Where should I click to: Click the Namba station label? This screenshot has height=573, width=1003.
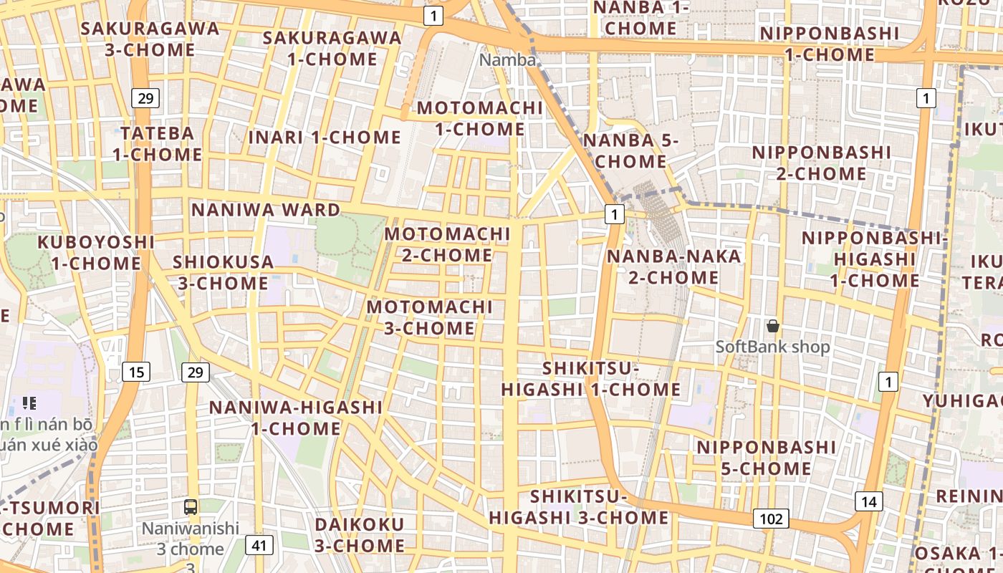507,59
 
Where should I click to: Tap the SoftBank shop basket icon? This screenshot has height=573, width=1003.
772,327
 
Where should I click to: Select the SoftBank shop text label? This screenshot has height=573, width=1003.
772,347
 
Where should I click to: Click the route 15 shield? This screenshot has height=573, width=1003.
136,371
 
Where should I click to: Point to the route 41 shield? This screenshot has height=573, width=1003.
259,545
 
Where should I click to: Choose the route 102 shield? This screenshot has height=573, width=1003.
771,519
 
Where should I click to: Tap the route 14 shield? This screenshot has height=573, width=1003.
868,501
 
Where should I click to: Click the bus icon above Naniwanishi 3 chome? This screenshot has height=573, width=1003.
191,507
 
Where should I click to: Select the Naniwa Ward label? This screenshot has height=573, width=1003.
266,210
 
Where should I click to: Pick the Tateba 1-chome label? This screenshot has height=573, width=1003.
157,143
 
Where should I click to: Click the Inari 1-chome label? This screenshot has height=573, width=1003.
325,137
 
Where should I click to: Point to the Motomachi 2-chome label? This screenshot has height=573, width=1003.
447,244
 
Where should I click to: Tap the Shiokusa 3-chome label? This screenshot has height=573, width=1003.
223,272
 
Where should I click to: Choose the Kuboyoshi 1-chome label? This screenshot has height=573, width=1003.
96,252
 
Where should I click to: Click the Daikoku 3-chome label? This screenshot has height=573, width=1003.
360,534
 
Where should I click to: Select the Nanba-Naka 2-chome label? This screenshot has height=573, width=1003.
673,266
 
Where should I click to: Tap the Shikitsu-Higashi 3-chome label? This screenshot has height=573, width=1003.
579,506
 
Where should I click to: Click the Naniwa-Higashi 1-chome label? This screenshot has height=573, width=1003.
296,418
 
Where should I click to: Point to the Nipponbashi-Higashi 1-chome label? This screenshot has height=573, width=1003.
874,259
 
